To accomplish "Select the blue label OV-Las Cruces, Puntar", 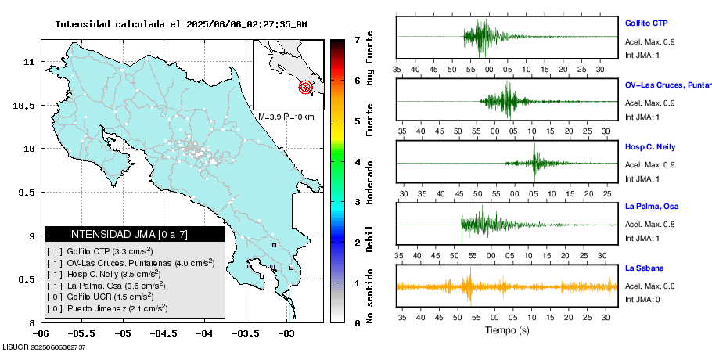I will (667, 85).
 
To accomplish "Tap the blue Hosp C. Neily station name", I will (649, 147).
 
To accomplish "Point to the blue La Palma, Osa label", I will (652, 207).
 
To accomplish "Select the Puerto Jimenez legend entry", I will (108, 308).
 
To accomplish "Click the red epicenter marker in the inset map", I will (306, 87).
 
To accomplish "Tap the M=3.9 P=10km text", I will (286, 117).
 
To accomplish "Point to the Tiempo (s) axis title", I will (508, 330).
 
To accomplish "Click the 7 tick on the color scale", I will (356, 39).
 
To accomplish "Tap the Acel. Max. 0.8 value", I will (649, 225).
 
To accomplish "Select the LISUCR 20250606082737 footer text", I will (44, 347).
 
